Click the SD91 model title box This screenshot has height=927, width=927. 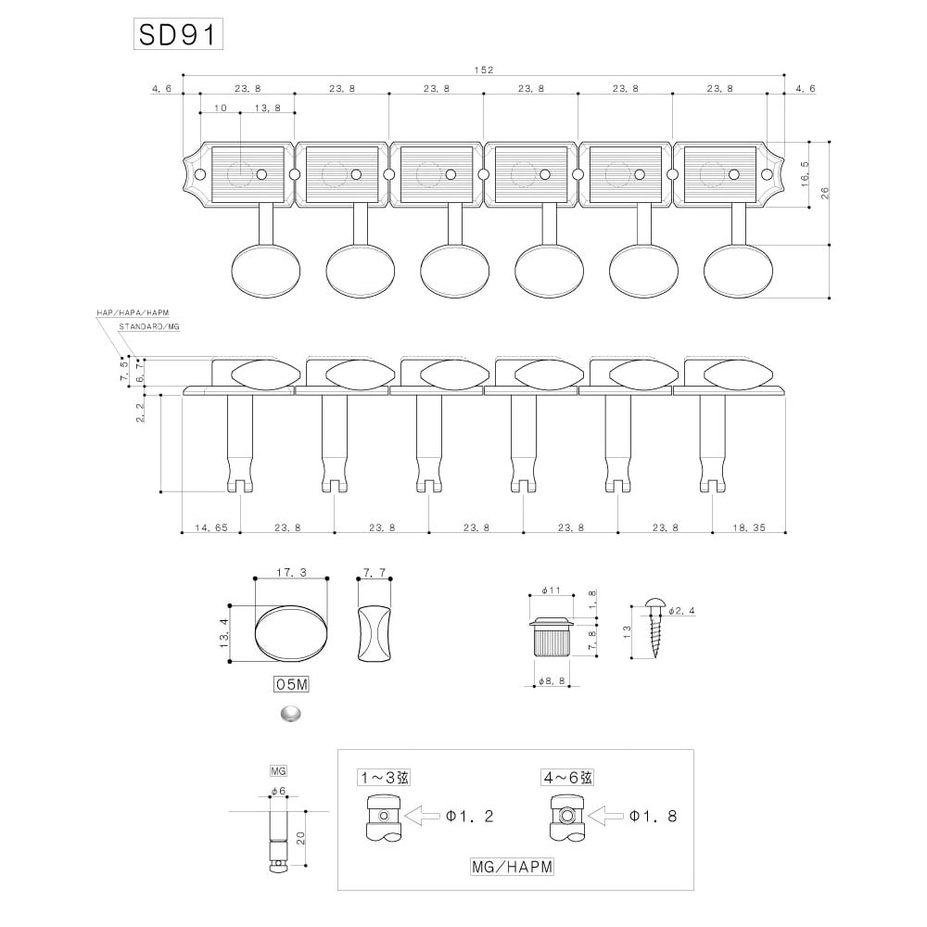pos(177,35)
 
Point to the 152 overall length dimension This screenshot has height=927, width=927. pos(484,70)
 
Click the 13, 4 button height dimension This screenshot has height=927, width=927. pos(225,633)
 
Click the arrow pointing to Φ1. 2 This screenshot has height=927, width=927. pos(425,817)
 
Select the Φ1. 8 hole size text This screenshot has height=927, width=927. pos(654,817)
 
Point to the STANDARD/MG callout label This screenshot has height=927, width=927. pos(148,328)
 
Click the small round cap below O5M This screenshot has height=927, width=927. pos(290,714)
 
